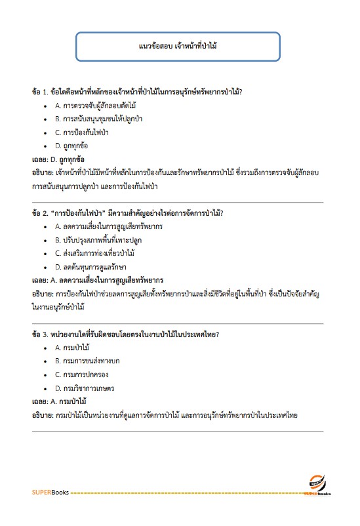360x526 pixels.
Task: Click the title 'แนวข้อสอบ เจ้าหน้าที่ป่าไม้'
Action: pyautogui.click(x=179, y=48)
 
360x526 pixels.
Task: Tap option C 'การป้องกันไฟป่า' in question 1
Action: pyautogui.click(x=81, y=132)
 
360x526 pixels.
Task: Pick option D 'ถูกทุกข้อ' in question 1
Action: pyautogui.click(x=72, y=146)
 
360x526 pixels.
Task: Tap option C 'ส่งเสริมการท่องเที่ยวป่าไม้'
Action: pyautogui.click(x=94, y=253)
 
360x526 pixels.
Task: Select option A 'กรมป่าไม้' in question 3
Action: pyautogui.click(x=72, y=348)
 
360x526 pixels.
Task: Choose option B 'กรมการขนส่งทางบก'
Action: pyautogui.click(x=87, y=361)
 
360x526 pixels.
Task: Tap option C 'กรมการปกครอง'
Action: pyautogui.click(x=81, y=374)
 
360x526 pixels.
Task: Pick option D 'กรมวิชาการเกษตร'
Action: pyautogui.click(x=85, y=388)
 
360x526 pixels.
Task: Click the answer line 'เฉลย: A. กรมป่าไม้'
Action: pyautogui.click(x=60, y=401)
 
